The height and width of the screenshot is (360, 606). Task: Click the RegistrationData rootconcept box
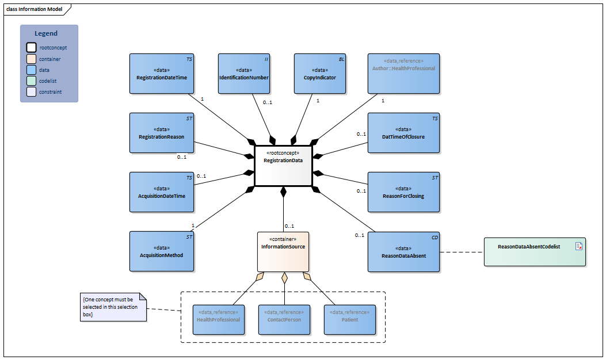tap(283, 166)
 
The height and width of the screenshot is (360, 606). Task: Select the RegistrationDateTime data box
tap(162, 74)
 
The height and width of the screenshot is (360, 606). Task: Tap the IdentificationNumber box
tap(244, 74)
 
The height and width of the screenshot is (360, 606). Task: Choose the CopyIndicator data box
tap(319, 74)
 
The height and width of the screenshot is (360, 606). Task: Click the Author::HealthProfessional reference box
tap(403, 74)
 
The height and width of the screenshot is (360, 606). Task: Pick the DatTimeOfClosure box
tap(403, 133)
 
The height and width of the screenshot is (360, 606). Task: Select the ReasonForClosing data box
tap(403, 192)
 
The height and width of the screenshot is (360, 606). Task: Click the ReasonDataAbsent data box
tap(403, 252)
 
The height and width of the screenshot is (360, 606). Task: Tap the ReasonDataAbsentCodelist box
tap(535, 252)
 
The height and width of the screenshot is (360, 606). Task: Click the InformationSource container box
tap(283, 251)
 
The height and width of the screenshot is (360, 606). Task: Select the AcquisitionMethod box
tap(162, 252)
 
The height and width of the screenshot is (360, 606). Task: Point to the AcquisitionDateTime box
tap(162, 192)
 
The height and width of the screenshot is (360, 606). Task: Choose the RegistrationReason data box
tap(162, 133)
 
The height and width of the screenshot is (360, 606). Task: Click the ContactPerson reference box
tap(284, 320)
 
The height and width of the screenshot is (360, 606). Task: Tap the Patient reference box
tap(349, 320)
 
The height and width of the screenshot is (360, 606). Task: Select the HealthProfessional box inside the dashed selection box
tap(219, 320)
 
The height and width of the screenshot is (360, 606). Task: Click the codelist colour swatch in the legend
tap(31, 81)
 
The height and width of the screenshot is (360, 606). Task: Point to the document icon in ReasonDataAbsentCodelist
tap(579, 246)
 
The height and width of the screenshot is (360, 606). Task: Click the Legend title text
tap(46, 33)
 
